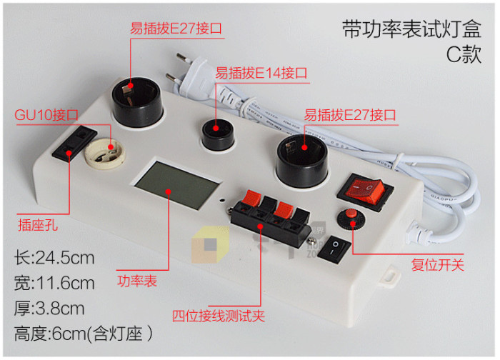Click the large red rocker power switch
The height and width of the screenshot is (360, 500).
[x=365, y=191]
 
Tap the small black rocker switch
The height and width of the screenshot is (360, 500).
[x=334, y=249]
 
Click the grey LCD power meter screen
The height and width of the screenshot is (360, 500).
[x=178, y=184]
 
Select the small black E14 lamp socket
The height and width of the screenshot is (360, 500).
[x=218, y=135]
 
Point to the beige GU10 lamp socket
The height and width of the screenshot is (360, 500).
[x=104, y=153]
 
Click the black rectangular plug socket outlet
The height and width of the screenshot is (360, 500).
[x=74, y=143]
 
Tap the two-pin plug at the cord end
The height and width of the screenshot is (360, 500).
[x=191, y=74]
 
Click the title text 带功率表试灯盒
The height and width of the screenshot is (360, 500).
[x=411, y=29]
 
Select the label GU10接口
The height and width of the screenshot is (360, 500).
[x=46, y=115]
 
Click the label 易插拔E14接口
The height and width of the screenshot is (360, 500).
[x=261, y=74]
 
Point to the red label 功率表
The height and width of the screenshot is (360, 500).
[x=137, y=281]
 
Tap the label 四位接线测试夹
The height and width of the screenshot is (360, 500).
[x=219, y=316]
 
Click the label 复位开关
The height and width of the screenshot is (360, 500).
[x=437, y=265]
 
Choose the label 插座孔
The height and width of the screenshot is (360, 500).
[x=38, y=225]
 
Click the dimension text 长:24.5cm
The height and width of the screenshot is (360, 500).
[x=54, y=258]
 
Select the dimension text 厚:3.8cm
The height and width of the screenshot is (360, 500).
[x=49, y=309]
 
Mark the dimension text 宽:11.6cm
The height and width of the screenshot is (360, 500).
[x=54, y=283]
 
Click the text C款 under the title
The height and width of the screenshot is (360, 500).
[x=464, y=54]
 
